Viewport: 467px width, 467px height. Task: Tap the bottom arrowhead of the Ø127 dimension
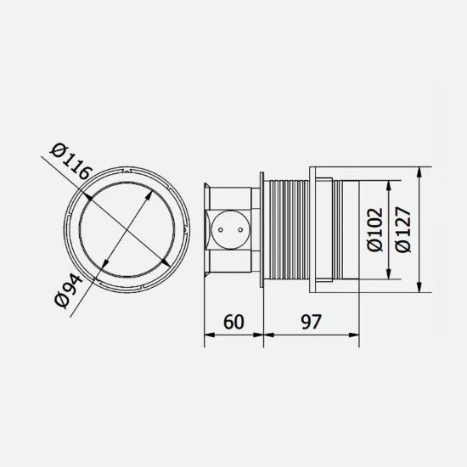click(x=420, y=290)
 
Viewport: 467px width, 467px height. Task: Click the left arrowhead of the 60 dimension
click(x=209, y=335)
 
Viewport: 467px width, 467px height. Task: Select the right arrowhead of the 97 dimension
click(x=355, y=335)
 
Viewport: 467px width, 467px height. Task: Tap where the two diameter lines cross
click(x=127, y=230)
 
